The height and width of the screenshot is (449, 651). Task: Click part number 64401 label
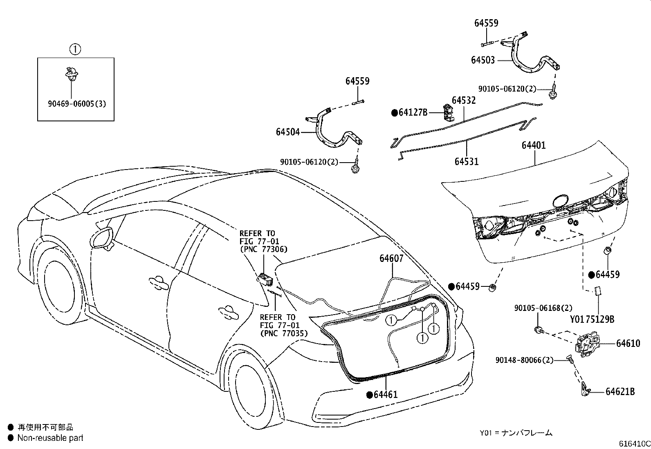[x=534, y=145]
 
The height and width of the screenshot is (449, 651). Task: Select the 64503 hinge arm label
[x=483, y=60]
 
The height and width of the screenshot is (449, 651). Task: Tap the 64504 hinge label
[x=287, y=132]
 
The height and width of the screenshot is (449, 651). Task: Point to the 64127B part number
[x=413, y=112]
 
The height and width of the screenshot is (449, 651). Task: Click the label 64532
[x=463, y=100]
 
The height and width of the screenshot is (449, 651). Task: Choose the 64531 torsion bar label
[x=466, y=161]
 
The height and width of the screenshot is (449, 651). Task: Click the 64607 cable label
[x=391, y=258]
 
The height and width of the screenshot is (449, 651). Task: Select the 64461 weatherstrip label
[x=385, y=395]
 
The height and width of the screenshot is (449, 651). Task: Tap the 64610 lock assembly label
[x=628, y=344]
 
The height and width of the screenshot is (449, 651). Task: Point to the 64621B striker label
[x=620, y=392]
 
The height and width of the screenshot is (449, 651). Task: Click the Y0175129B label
[x=592, y=319]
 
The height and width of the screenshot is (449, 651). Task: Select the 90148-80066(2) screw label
[x=524, y=360]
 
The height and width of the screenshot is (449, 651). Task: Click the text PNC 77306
[x=263, y=249]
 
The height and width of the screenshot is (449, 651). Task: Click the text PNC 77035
[x=284, y=333]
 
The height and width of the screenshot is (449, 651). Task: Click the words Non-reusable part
[x=50, y=438]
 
